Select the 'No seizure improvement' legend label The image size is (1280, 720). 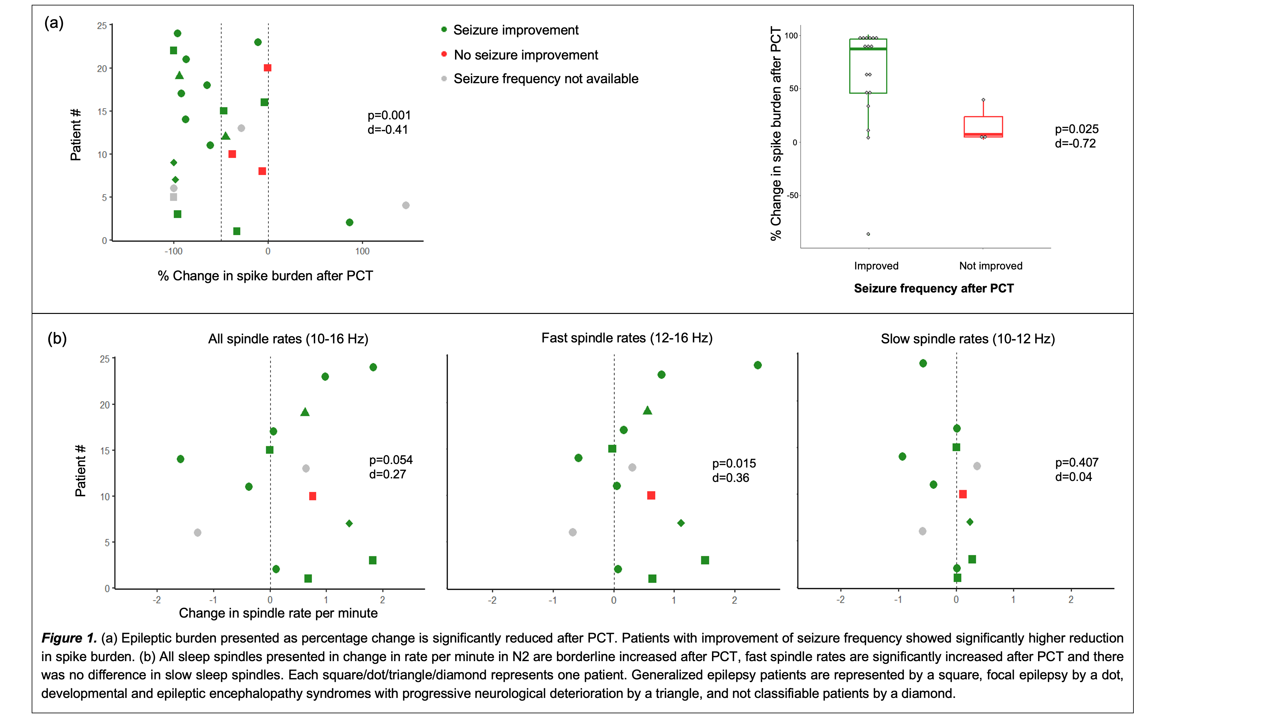526,55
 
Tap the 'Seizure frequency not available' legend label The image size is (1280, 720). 546,79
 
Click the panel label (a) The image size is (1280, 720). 54,23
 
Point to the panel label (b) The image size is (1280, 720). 57,339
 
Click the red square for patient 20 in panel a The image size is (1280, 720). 267,68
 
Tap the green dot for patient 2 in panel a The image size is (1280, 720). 349,223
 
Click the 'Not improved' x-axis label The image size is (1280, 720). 990,266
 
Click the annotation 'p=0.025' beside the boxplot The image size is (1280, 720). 1076,129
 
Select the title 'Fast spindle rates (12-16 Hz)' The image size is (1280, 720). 627,338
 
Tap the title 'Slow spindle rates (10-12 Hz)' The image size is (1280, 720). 967,339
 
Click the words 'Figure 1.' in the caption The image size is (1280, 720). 69,638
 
